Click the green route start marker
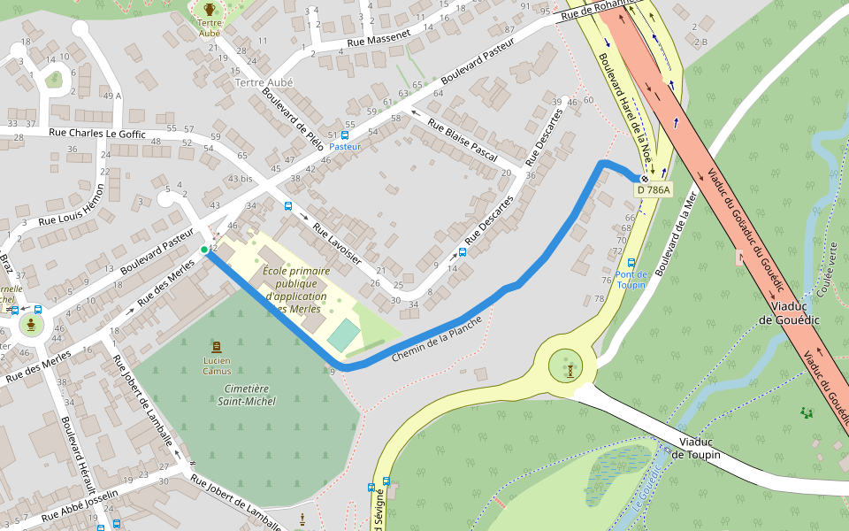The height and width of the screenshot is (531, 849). coord(204,250)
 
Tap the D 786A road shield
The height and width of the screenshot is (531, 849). coord(653,189)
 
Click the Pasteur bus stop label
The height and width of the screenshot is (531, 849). coord(345,147)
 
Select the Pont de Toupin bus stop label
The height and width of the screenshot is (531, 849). coord(631,280)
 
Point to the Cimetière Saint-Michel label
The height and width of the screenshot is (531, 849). coord(247,395)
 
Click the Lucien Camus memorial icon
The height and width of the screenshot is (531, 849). coord(217,346)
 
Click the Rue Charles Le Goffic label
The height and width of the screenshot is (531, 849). coord(97,134)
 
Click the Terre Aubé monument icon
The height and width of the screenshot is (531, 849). coord(210,10)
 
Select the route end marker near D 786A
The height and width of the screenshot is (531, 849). coord(645,178)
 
